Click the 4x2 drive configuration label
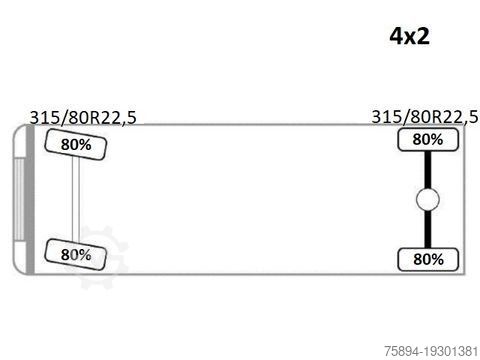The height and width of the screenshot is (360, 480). pyautogui.click(x=409, y=36)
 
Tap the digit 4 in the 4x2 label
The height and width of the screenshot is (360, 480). pyautogui.click(x=397, y=36)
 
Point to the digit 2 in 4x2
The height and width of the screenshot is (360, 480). pyautogui.click(x=423, y=36)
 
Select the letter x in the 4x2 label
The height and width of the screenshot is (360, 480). pyautogui.click(x=410, y=38)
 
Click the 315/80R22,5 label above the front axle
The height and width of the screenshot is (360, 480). pyautogui.click(x=83, y=118)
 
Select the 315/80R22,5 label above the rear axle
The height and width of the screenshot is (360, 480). pyautogui.click(x=425, y=117)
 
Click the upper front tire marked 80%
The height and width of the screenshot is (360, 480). pyautogui.click(x=76, y=144)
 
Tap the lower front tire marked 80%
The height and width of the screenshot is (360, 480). pyautogui.click(x=76, y=255)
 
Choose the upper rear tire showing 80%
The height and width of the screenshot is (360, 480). pyautogui.click(x=428, y=139)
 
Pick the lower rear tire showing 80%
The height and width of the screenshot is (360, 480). pyautogui.click(x=428, y=259)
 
